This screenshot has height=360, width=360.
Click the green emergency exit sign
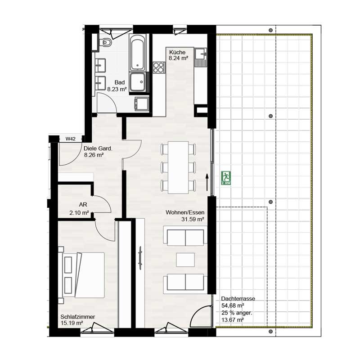tap(226, 178)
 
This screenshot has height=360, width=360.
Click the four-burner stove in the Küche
tap(159, 67)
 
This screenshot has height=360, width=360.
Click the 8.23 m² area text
tap(117, 89)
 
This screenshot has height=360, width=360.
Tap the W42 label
tap(70, 139)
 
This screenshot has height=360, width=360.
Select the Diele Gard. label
tap(98, 148)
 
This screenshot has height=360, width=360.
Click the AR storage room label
tap(83, 204)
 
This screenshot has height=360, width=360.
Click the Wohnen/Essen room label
tap(185, 212)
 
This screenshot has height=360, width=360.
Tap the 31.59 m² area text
tap(192, 220)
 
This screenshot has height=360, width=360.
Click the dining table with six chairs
tap(179, 167)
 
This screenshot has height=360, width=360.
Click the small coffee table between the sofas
tap(185, 259)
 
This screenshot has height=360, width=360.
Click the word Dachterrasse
tap(238, 299)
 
